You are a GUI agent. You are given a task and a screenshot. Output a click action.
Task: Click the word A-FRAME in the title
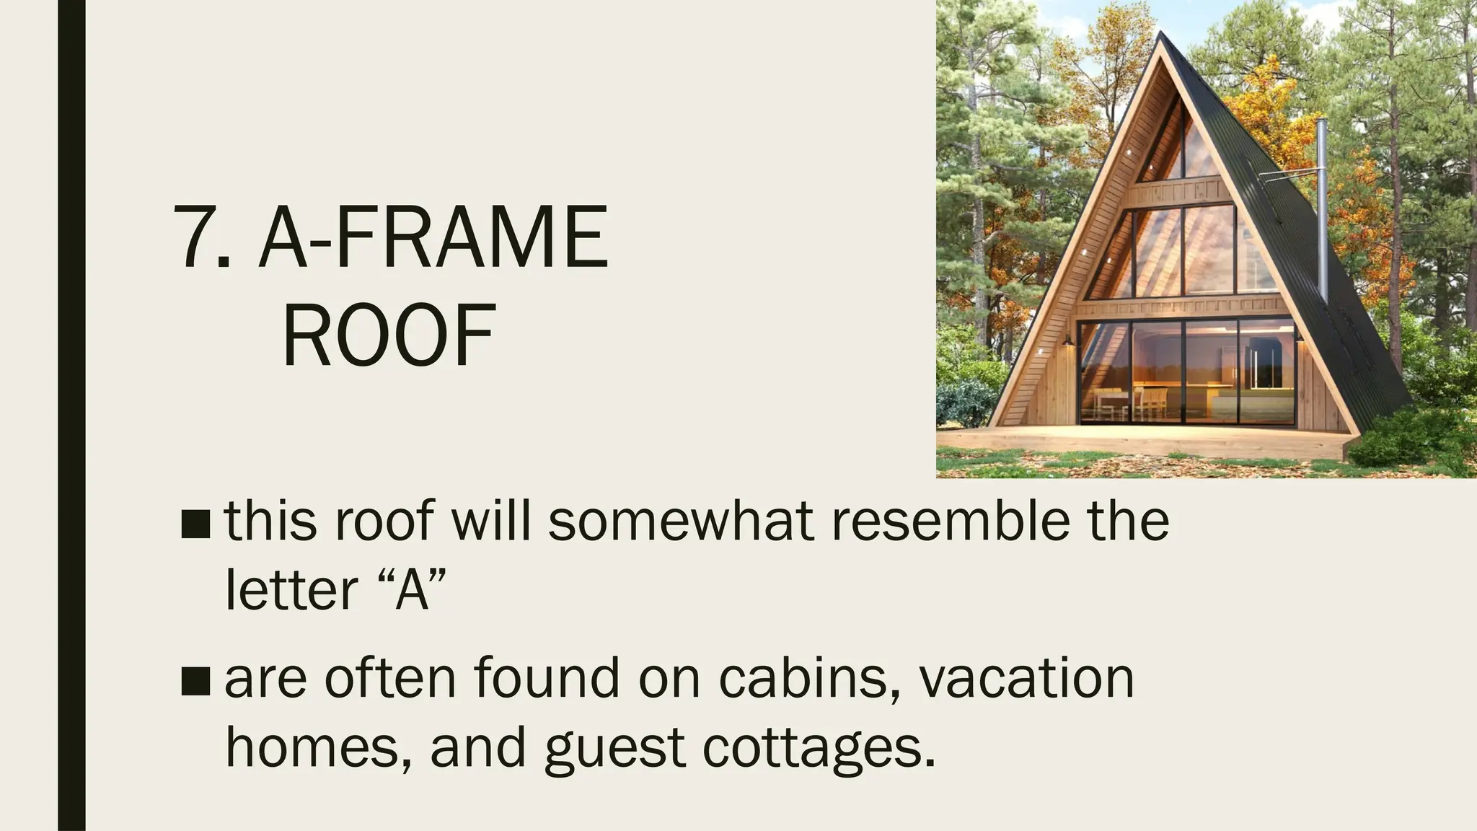coord(433,237)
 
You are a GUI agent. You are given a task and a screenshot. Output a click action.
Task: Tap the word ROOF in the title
coord(389,337)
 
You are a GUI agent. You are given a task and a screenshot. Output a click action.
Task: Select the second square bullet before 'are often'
coord(195,681)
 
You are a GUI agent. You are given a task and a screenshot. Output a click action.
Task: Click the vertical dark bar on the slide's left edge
coord(71,415)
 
